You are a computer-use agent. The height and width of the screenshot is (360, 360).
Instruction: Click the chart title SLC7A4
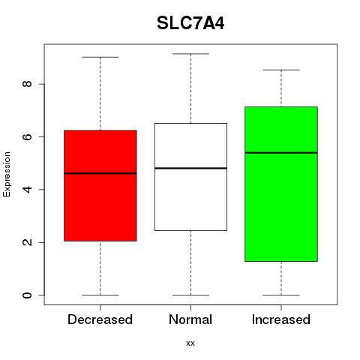(x=190, y=23)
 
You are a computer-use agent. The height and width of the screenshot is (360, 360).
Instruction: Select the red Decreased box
(x=100, y=185)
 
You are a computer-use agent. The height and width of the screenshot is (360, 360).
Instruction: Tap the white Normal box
(x=190, y=177)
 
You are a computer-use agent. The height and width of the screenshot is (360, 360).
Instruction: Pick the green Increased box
(x=281, y=184)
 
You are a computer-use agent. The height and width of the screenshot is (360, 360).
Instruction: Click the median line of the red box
(x=100, y=173)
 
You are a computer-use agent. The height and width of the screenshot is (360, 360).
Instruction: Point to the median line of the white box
(x=190, y=168)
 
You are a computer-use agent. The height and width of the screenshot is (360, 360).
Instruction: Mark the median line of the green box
(x=281, y=152)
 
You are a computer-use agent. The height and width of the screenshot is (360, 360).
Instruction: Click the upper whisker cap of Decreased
(x=100, y=57)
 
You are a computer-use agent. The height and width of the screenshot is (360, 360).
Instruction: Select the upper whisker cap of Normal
(x=190, y=54)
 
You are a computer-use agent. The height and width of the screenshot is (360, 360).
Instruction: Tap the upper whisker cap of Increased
(x=281, y=70)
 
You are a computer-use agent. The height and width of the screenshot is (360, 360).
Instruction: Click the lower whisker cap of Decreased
(x=100, y=295)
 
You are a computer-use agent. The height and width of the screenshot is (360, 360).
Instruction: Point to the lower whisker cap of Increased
(x=281, y=295)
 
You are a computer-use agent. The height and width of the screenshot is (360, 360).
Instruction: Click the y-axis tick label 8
(x=27, y=84)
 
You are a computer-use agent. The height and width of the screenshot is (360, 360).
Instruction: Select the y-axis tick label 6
(x=27, y=136)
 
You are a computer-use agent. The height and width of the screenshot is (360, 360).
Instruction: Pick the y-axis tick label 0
(x=27, y=295)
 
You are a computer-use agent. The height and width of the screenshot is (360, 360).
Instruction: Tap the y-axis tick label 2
(x=27, y=242)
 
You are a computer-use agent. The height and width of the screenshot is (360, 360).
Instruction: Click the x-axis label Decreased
(x=100, y=319)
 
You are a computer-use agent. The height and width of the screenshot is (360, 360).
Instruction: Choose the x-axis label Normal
(x=190, y=319)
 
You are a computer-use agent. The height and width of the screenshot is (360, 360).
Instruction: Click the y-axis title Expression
(x=7, y=174)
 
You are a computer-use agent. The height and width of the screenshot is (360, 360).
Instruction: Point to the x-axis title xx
(x=190, y=343)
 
